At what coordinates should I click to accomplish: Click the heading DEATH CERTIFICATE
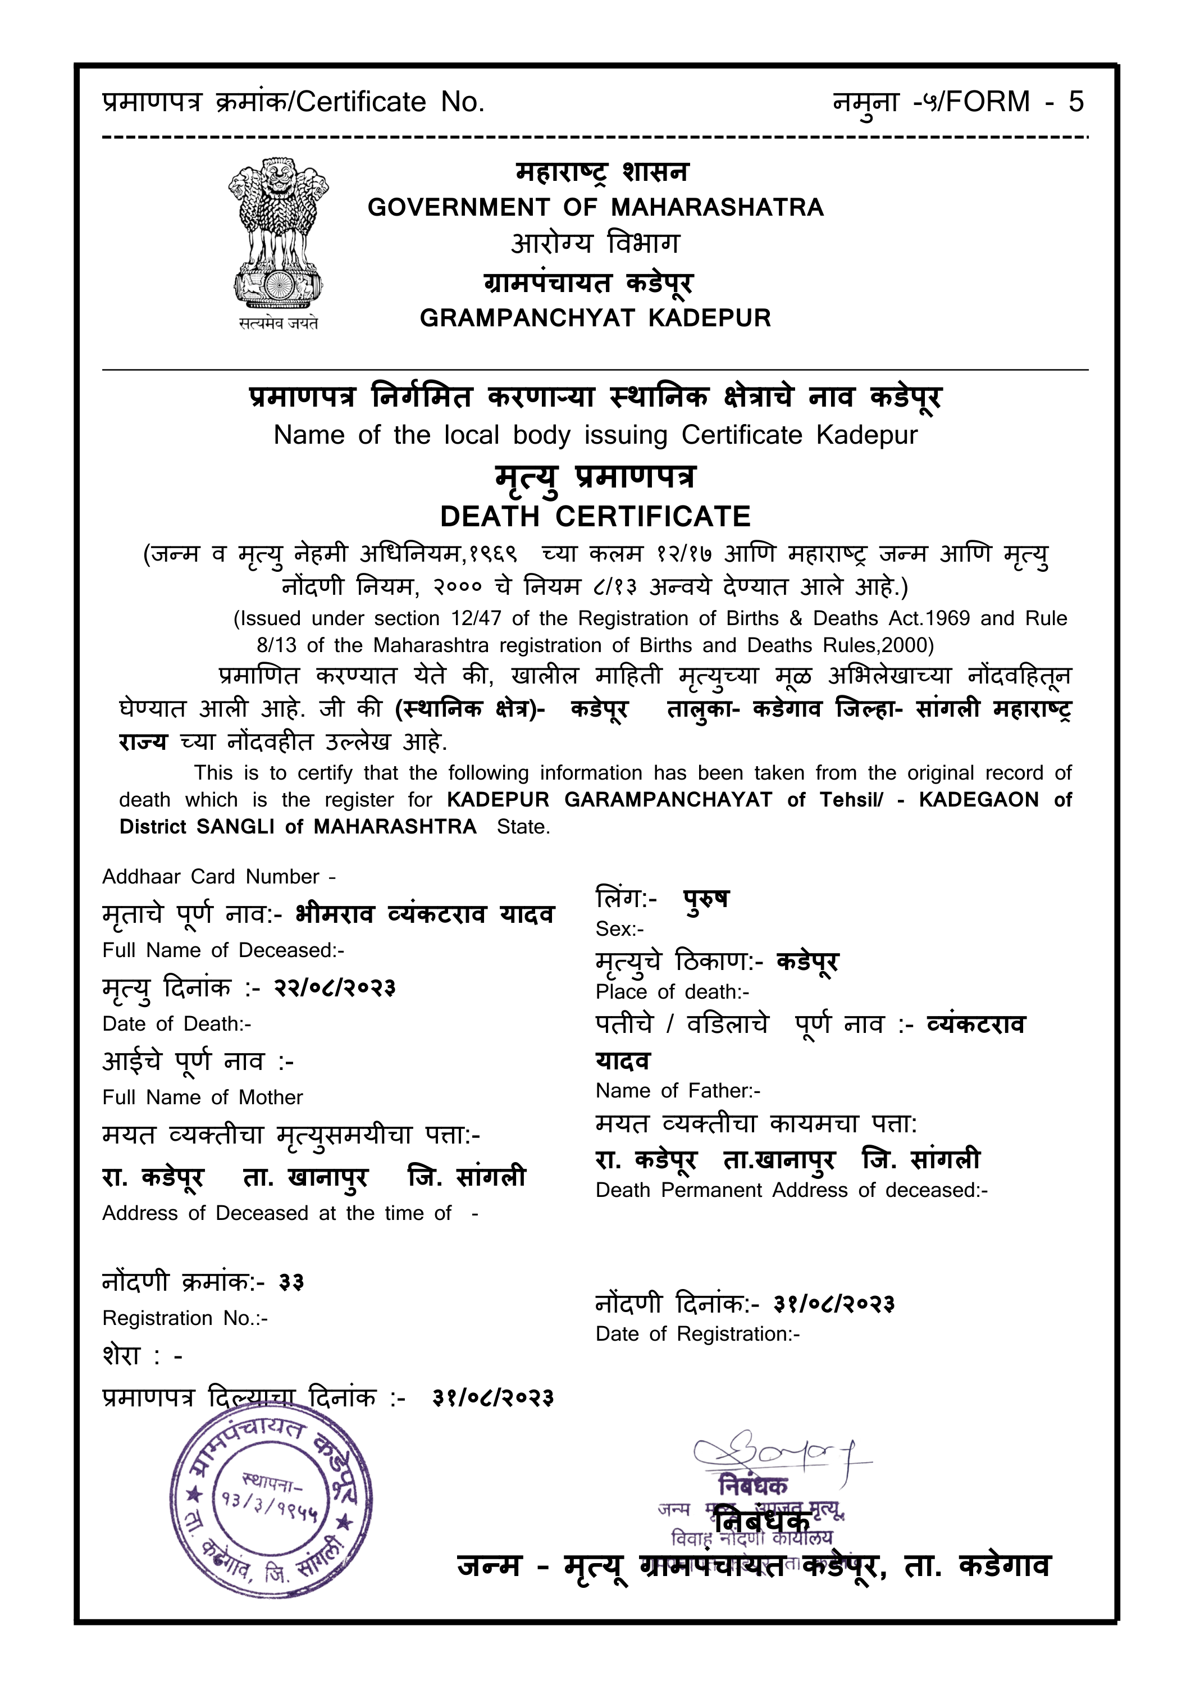[x=595, y=517]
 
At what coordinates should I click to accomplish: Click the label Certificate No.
[x=390, y=102]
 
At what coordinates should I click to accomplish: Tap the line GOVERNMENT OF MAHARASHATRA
[x=595, y=208]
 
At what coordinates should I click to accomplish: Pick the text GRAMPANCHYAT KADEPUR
[x=595, y=318]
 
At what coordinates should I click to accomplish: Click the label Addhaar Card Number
[x=218, y=876]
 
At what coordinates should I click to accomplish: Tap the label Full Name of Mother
[x=203, y=1097]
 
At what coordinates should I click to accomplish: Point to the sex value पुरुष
[x=706, y=898]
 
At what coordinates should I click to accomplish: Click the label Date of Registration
[x=697, y=1333]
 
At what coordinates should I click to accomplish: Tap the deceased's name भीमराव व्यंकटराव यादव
[x=425, y=914]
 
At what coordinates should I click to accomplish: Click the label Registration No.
[x=185, y=1318]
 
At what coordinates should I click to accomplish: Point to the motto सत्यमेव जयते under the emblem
[x=278, y=323]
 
